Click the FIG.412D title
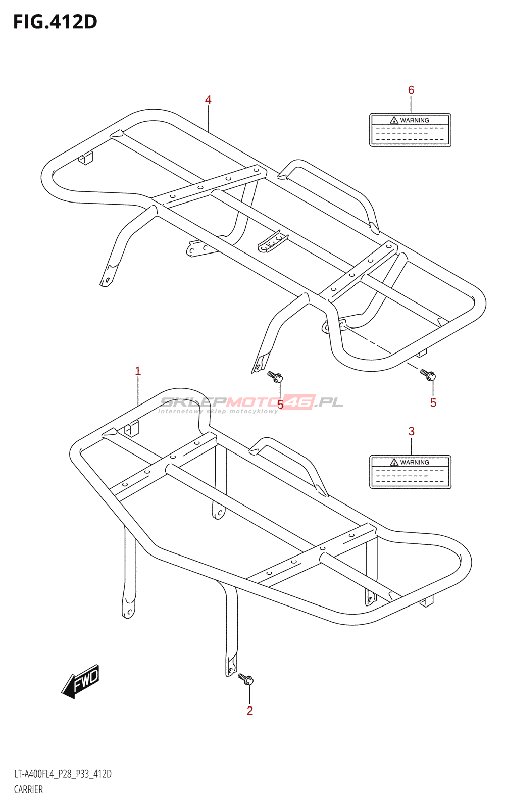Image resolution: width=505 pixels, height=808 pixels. tap(55, 22)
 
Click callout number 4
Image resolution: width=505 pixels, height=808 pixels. tap(208, 99)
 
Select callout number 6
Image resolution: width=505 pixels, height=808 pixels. tap(411, 90)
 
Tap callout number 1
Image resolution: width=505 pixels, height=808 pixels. tap(138, 371)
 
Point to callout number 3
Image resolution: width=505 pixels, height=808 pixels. tap(411, 431)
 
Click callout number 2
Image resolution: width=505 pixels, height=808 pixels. tap(250, 710)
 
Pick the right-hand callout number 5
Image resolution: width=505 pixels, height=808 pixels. tap(433, 402)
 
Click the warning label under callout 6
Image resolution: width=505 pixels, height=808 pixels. tap(410, 130)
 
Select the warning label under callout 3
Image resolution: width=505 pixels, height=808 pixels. tap(410, 472)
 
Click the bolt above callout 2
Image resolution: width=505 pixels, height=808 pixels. tap(246, 679)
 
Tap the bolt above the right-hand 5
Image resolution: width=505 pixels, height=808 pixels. tap(428, 375)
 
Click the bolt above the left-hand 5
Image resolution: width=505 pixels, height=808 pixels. tap(275, 376)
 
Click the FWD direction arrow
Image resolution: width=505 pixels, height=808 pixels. tap(81, 682)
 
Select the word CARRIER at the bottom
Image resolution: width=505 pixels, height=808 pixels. tap(28, 789)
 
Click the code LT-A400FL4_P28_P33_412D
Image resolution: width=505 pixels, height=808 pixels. tap(63, 774)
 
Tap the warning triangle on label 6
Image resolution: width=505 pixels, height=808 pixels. tap(394, 120)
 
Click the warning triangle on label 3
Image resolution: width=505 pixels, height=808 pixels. tap(394, 462)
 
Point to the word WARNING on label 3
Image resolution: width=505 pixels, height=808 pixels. tap(415, 462)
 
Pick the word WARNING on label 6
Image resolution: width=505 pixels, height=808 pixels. tap(415, 120)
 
